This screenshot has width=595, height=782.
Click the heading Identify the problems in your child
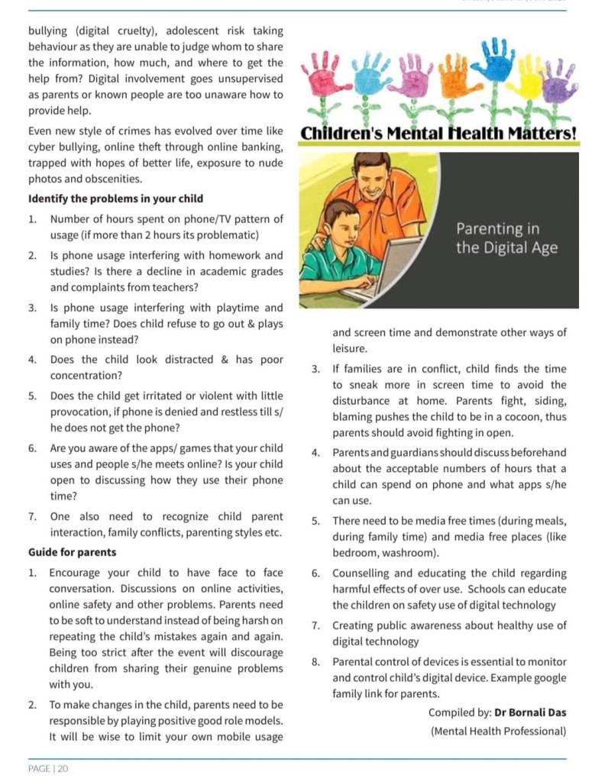(x=115, y=199)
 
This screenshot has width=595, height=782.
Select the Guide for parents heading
(x=72, y=552)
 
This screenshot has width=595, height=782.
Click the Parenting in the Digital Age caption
(x=506, y=238)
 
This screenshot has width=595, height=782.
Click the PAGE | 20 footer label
(x=48, y=768)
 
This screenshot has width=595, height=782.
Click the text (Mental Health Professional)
(x=499, y=731)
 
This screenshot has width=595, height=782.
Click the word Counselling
(x=365, y=574)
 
